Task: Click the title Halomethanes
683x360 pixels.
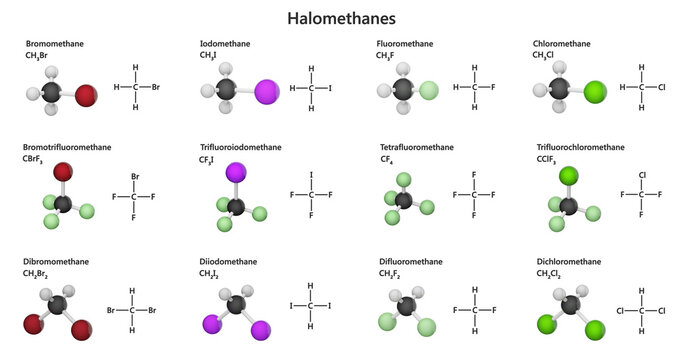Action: (341, 18)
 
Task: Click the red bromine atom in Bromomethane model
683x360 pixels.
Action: (86, 96)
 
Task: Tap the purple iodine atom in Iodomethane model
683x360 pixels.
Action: (267, 93)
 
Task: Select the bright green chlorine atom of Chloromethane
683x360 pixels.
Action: (595, 94)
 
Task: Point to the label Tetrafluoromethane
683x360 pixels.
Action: (413, 147)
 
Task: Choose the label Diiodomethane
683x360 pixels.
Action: (228, 261)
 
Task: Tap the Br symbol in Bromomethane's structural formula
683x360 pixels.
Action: (156, 87)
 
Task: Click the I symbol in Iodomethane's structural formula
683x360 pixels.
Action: (330, 88)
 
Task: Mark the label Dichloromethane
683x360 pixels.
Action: (569, 261)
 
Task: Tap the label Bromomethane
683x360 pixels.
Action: (53, 44)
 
